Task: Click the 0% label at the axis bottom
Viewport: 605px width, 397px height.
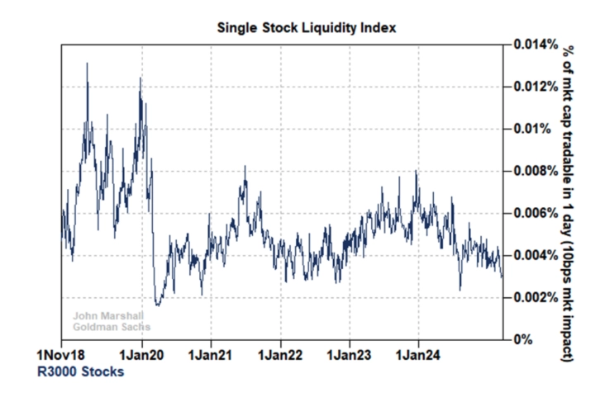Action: (522, 339)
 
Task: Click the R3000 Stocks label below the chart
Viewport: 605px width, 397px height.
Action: (81, 372)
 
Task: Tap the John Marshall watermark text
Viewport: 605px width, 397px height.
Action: (107, 314)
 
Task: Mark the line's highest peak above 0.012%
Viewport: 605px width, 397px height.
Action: (88, 64)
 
